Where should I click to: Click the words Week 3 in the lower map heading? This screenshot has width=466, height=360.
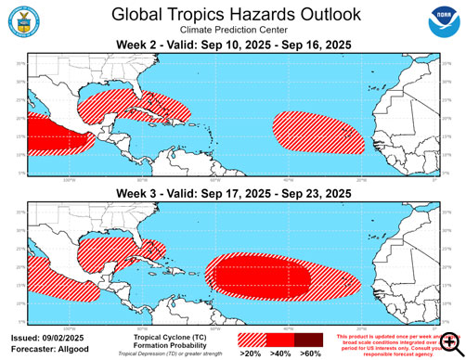click(x=136, y=192)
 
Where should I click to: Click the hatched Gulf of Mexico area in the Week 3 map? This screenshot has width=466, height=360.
click(x=107, y=253)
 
